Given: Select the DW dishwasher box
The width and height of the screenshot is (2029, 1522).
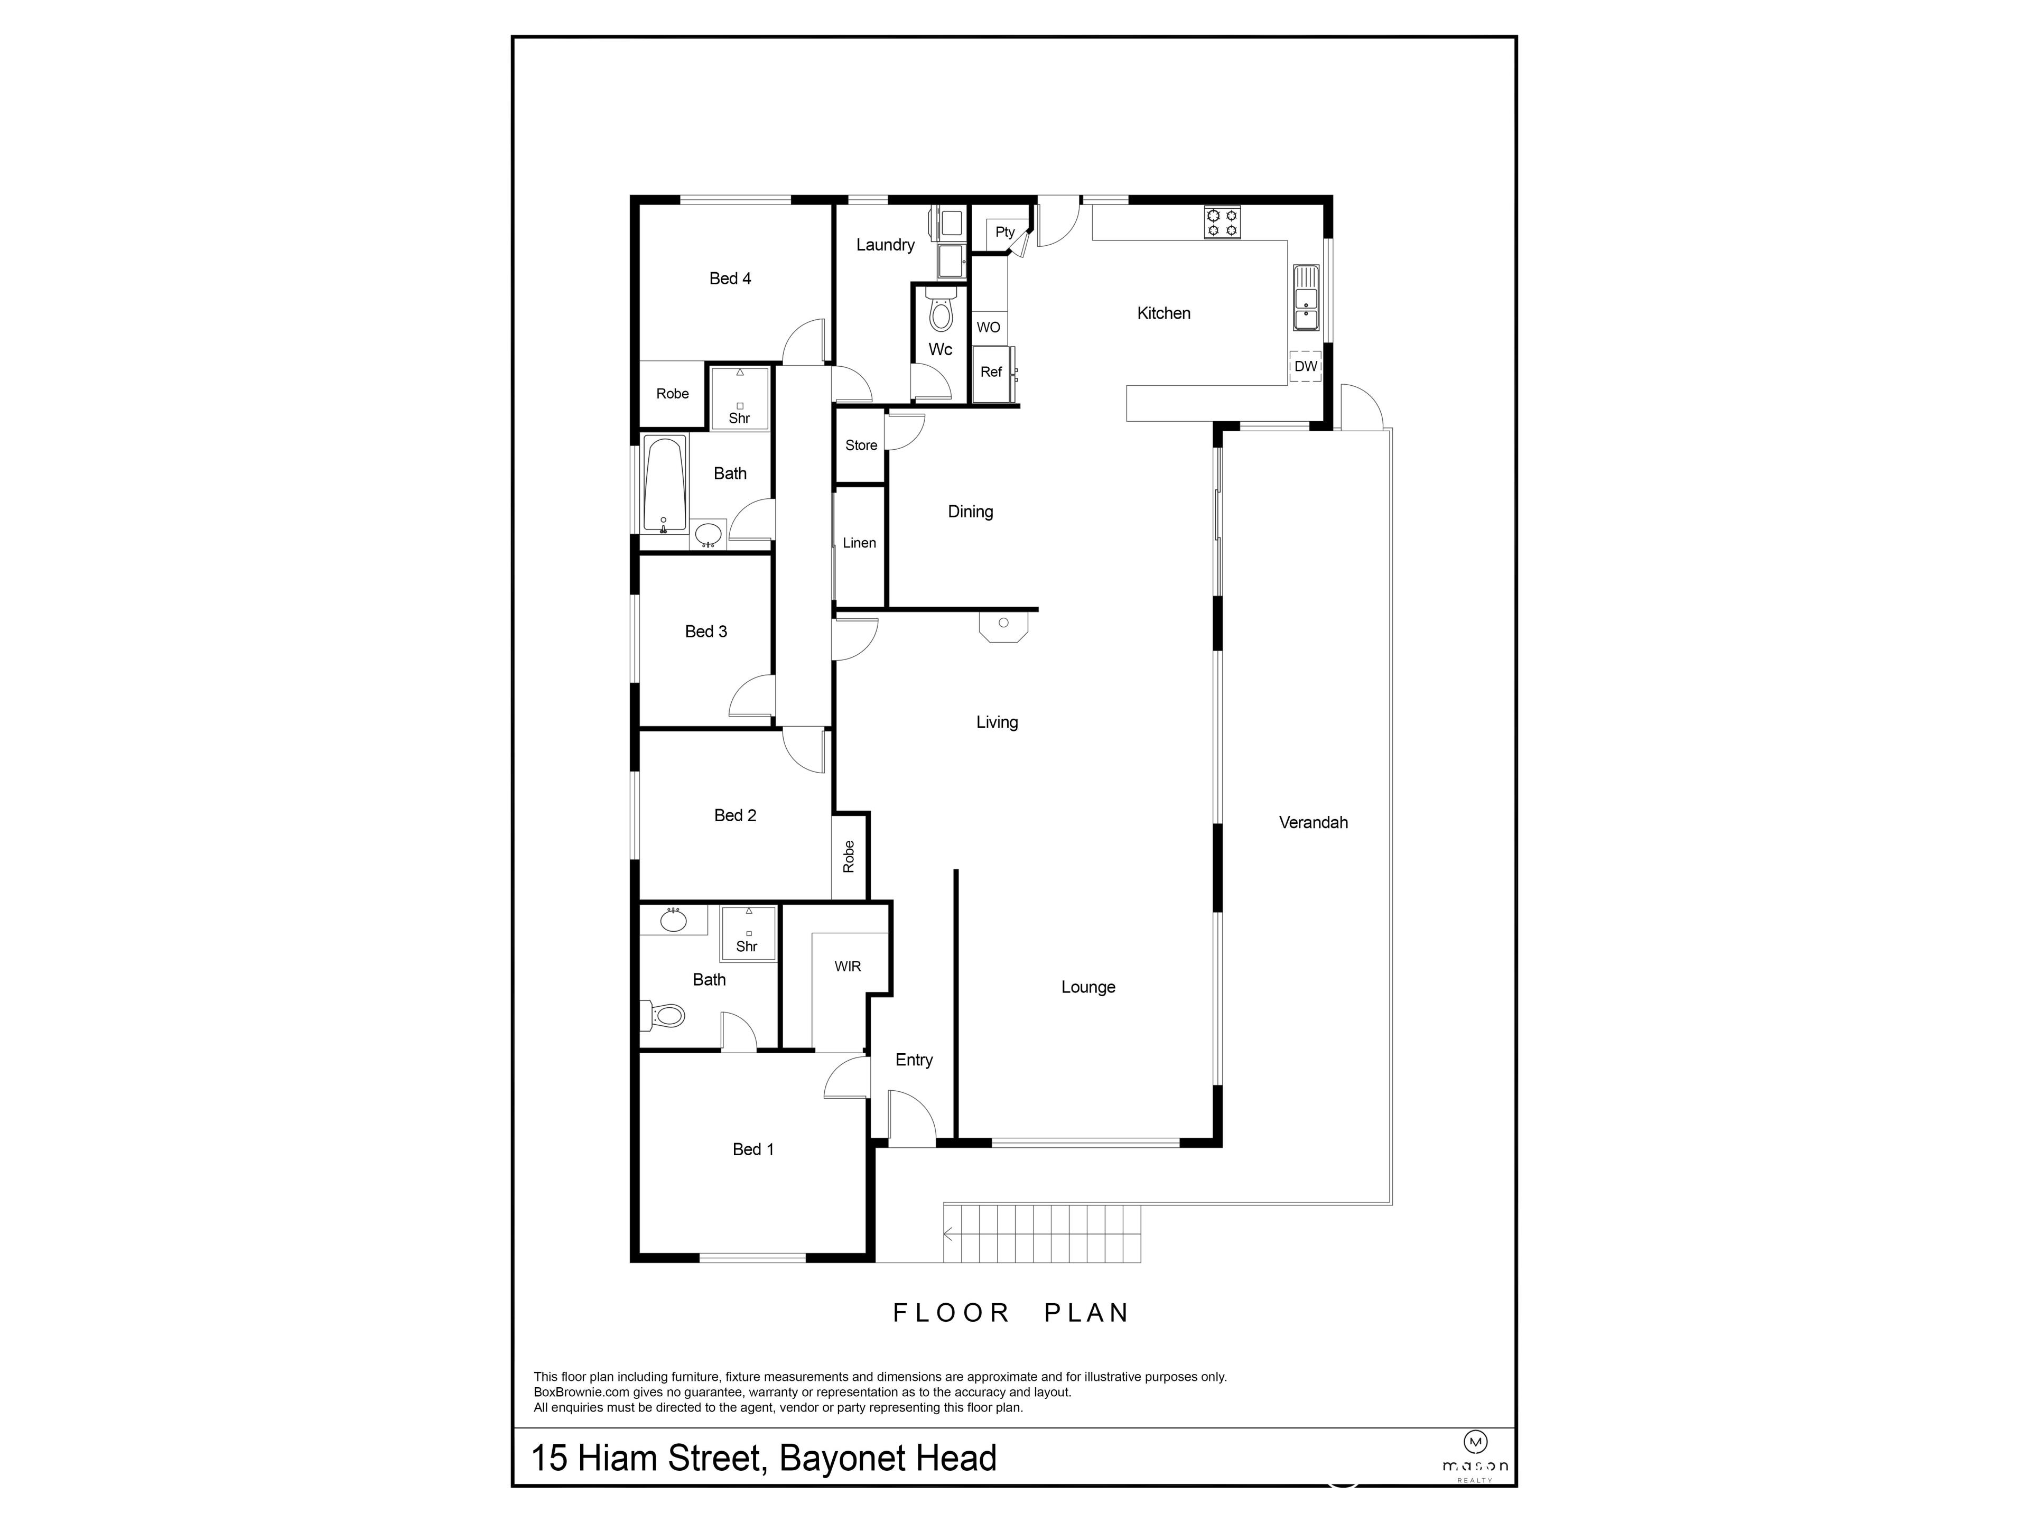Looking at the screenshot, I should tap(1305, 366).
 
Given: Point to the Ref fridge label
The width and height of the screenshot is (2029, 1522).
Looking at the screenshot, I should tap(991, 372).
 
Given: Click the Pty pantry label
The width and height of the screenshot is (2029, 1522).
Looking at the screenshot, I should tap(1004, 232).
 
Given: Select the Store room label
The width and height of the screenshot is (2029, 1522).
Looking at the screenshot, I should tap(860, 445).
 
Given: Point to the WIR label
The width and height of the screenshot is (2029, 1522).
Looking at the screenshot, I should tap(848, 966).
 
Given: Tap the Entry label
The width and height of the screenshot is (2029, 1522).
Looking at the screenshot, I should tap(914, 1060).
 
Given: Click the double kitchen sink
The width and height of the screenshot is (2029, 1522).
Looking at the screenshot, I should tap(1305, 297).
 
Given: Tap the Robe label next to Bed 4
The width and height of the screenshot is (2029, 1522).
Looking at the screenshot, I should tap(672, 394).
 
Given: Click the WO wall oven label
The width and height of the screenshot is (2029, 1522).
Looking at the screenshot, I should tap(988, 328).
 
